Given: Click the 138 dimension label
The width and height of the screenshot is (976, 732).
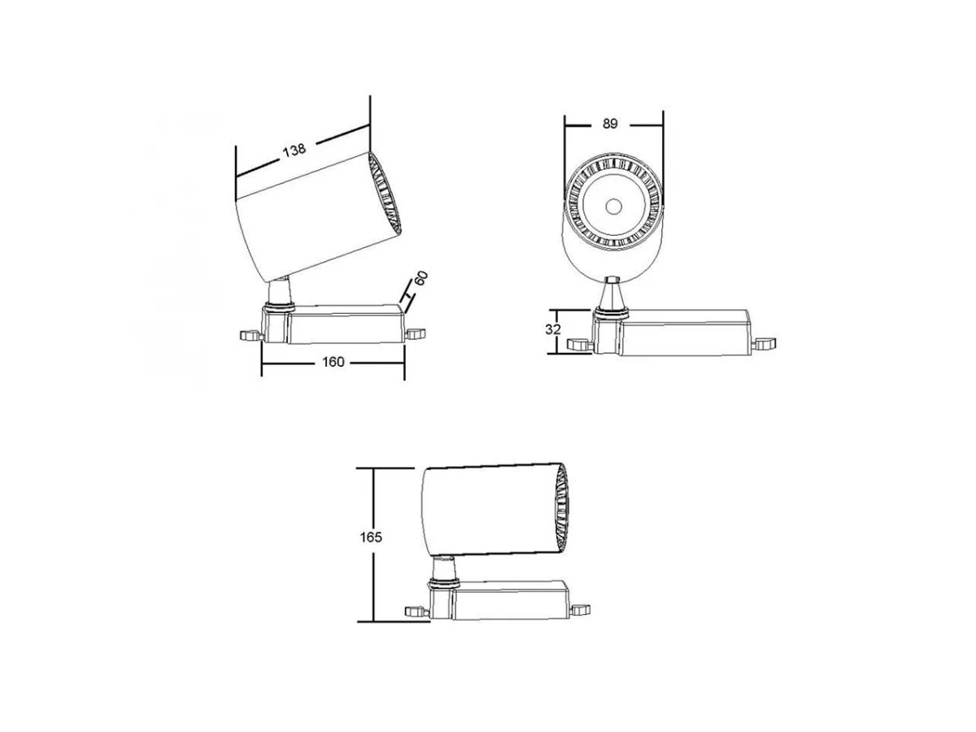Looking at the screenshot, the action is point(294,150).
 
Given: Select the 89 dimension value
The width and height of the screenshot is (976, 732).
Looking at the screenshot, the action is point(610,124).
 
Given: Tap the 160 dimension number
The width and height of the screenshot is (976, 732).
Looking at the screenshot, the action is point(333,362).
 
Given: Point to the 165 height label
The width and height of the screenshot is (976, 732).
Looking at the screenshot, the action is point(370,538).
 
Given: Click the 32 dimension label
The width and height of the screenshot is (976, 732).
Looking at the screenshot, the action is point(553,329).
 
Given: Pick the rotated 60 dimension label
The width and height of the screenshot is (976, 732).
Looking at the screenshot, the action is point(420,278).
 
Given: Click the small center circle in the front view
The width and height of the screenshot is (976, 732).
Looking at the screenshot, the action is point(613,207).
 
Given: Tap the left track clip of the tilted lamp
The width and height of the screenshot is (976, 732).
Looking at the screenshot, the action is point(250,336).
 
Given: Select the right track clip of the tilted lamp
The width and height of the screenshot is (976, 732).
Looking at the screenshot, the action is point(416,333).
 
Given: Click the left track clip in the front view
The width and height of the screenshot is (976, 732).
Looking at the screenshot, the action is point(580,344).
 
